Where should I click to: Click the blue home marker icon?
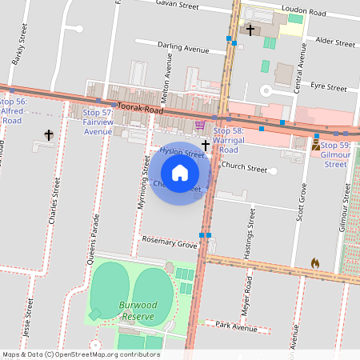click(180, 172)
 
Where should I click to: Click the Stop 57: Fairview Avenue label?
click(98, 122)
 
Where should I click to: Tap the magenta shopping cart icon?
click(199, 125)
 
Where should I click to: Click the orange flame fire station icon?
click(314, 262)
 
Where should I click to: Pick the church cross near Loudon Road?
click(250, 30)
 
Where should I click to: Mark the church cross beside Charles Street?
click(49, 135)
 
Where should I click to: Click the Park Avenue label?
click(235, 327)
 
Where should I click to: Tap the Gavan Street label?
click(178, 6)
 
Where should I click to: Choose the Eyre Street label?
click(328, 86)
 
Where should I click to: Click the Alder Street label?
click(335, 40)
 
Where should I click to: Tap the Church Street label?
click(244, 168)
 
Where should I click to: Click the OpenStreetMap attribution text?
click(81, 354)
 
